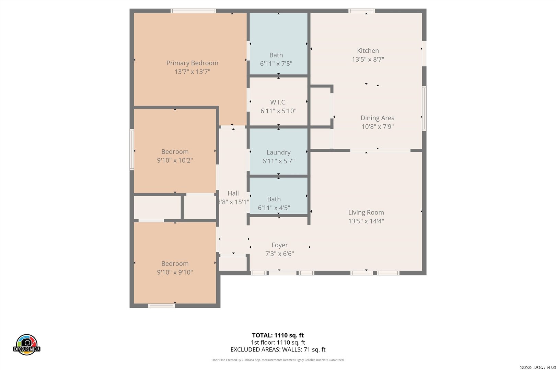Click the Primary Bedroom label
(192, 63)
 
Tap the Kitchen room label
(368, 51)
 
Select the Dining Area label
(378, 118)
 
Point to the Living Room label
(366, 212)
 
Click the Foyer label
(280, 245)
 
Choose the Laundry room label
(278, 152)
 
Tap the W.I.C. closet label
(278, 102)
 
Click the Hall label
(233, 193)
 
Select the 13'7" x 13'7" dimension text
(192, 72)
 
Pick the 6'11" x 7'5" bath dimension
(276, 64)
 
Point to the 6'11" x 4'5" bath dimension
(274, 208)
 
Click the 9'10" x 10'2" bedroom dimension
(175, 160)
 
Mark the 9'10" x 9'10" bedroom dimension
(175, 272)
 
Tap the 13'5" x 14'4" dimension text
(366, 221)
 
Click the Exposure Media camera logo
(26, 344)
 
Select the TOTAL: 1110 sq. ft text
(278, 335)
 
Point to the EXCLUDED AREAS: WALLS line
(278, 350)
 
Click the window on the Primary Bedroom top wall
(193, 11)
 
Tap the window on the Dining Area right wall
(424, 108)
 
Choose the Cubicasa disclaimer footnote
(278, 360)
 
